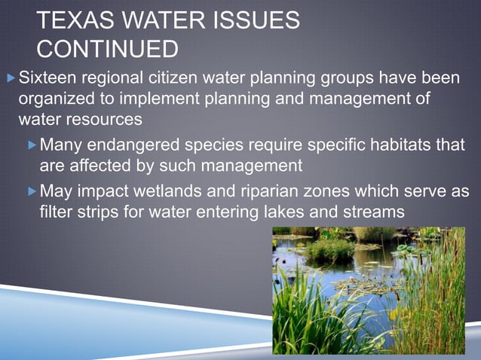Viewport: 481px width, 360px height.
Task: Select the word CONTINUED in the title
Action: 107,49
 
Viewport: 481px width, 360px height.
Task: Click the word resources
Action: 108,119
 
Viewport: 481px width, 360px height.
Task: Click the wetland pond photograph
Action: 369,290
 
